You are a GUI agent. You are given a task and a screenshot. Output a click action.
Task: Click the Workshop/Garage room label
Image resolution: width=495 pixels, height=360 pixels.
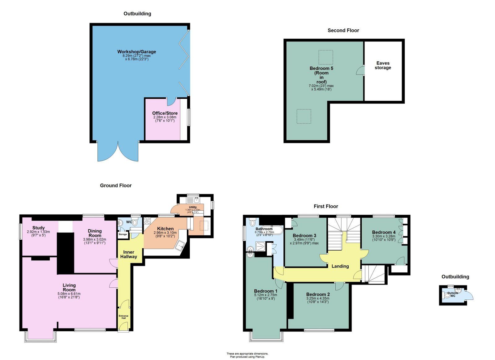click(x=136, y=52)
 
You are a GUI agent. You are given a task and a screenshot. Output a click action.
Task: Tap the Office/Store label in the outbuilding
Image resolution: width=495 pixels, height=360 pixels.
click(x=165, y=113)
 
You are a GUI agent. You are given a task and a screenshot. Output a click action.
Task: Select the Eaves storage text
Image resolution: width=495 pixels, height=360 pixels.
click(x=383, y=65)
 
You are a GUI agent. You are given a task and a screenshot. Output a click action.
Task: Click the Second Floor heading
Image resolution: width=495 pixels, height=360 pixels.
click(x=343, y=30)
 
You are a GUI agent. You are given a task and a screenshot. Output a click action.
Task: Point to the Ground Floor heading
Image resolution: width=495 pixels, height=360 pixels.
click(x=116, y=186)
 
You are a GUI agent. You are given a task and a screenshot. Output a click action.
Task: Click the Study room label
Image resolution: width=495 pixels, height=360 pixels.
click(x=38, y=228)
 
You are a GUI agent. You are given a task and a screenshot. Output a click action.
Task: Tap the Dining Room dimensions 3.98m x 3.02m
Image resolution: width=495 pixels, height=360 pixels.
click(x=94, y=239)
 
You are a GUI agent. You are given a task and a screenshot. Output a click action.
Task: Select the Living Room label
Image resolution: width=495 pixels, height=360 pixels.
click(x=69, y=287)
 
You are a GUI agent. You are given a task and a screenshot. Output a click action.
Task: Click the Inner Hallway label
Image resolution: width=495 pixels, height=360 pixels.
click(x=128, y=254)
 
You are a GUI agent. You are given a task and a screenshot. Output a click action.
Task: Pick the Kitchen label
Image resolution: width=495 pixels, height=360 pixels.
click(x=165, y=229)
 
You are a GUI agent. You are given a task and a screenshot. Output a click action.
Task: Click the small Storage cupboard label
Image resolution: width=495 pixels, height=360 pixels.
click(x=123, y=234)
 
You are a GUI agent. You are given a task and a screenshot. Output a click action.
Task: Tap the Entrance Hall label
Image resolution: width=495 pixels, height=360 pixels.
click(x=123, y=317)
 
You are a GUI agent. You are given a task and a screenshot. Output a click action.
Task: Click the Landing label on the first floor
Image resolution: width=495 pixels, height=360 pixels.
click(x=340, y=266)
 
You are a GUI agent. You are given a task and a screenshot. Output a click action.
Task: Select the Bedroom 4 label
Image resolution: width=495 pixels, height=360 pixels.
click(x=384, y=232)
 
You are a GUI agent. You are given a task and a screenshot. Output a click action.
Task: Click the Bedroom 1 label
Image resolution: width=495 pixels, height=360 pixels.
click(x=265, y=291)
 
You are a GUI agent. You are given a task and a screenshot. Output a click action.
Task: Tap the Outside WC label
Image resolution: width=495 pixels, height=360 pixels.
click(x=453, y=294)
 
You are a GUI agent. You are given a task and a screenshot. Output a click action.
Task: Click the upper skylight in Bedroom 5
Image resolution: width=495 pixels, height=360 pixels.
click(x=326, y=57)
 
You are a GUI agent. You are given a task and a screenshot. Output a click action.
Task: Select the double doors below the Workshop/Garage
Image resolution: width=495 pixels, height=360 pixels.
click(x=118, y=152)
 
